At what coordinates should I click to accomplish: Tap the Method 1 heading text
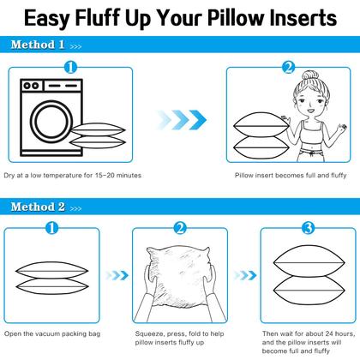point(38,45)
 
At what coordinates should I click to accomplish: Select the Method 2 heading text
point(38,207)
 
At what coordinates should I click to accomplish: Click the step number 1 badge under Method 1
point(70,68)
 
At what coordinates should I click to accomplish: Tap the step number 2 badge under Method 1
point(289,68)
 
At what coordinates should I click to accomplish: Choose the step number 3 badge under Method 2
point(309,228)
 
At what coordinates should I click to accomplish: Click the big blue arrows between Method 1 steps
point(182,120)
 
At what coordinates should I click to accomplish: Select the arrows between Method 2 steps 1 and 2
point(117,275)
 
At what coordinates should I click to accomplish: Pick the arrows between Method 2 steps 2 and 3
point(245,275)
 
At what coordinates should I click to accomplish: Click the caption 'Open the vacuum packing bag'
point(52,333)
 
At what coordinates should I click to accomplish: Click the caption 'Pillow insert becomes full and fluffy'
point(291,175)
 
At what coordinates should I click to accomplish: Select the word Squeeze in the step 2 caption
point(149,333)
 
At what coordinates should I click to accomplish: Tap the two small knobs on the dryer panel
point(31,86)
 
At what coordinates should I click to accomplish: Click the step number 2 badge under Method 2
point(180,228)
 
